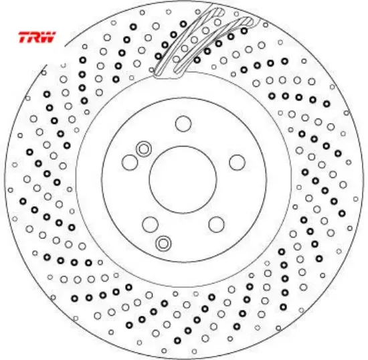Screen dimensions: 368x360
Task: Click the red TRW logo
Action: [x=37, y=37]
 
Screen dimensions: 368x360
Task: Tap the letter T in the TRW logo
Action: [x=24, y=37]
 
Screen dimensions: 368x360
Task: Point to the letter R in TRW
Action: [x=35, y=37]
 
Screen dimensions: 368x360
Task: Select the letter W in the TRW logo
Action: [x=49, y=37]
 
